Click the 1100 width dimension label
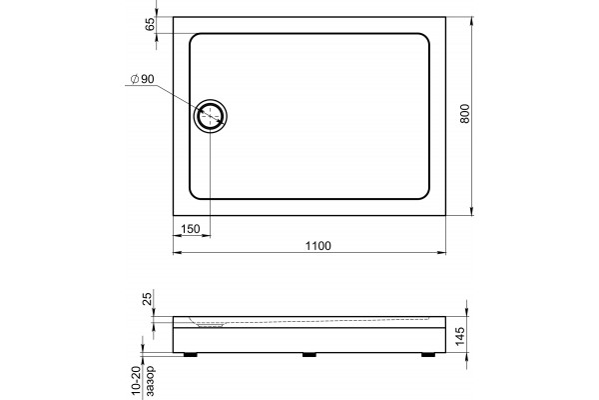pos(317,245)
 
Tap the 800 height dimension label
pos(464,114)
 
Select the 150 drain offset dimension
pos(191,229)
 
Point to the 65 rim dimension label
pos(151,24)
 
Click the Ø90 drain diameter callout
pos(142,79)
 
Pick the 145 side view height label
pos(460,336)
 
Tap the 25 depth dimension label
pos(148,297)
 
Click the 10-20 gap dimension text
pos(137,383)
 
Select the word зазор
pos(150,381)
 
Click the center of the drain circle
pos(210,116)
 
